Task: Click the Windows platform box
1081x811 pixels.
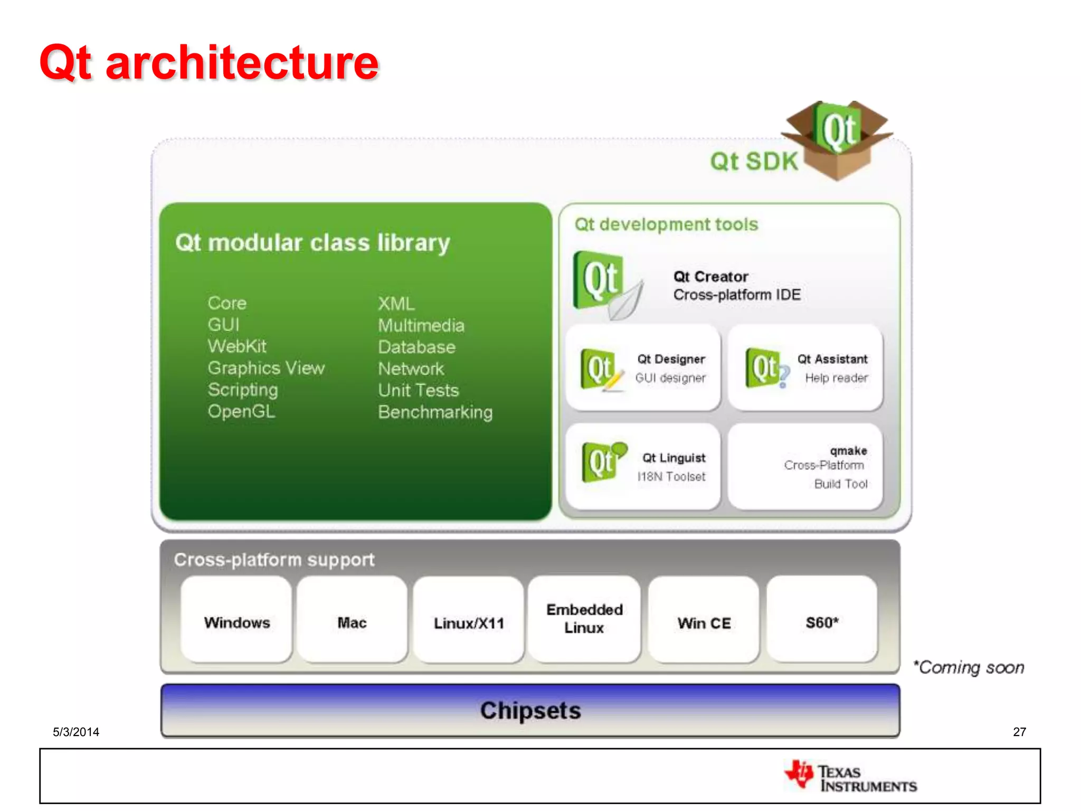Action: click(236, 620)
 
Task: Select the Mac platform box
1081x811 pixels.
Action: click(352, 620)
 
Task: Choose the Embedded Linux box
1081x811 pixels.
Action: click(584, 619)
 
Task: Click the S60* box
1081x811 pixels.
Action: click(822, 620)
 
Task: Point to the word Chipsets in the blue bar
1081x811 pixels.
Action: click(530, 710)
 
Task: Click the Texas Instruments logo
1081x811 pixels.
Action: click(851, 777)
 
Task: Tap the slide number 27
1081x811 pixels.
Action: click(1019, 732)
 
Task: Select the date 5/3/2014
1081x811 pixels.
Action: click(76, 732)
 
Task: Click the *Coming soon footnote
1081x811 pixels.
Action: click(969, 667)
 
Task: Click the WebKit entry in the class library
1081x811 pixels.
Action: click(237, 346)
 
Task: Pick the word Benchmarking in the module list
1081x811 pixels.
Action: click(435, 412)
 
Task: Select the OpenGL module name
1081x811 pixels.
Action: click(241, 411)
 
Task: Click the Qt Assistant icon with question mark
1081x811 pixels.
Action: click(767, 368)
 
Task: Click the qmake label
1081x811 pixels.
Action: click(848, 450)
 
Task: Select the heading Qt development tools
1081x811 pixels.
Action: click(666, 224)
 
